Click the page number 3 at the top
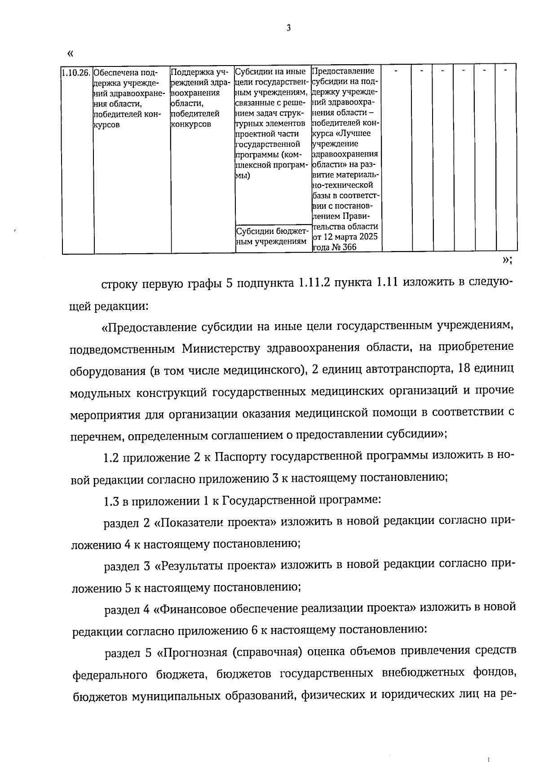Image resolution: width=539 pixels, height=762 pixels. [289, 28]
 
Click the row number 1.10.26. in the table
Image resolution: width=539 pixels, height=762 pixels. [76, 72]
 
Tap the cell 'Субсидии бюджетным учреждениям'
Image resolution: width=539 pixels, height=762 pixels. [273, 237]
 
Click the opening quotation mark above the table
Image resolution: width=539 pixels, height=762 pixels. [70, 54]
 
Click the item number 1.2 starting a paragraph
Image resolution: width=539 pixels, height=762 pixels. [110, 458]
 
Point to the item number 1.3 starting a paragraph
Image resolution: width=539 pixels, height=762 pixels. [111, 501]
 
